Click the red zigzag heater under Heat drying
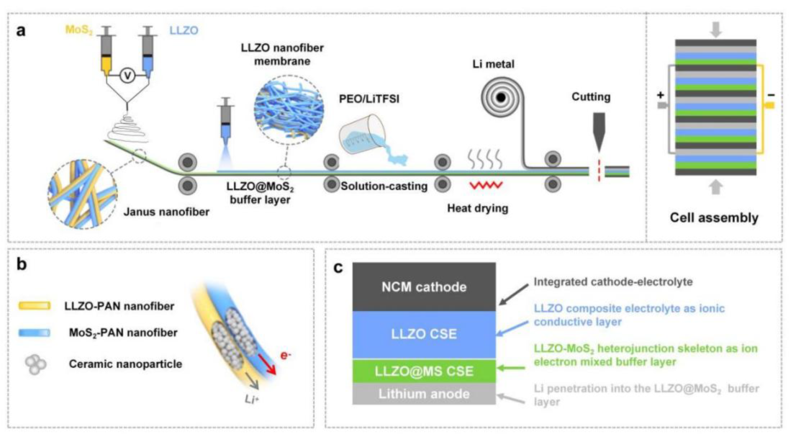pos(487,185)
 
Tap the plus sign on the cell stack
pos(659,95)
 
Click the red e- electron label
pos(284,334)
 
